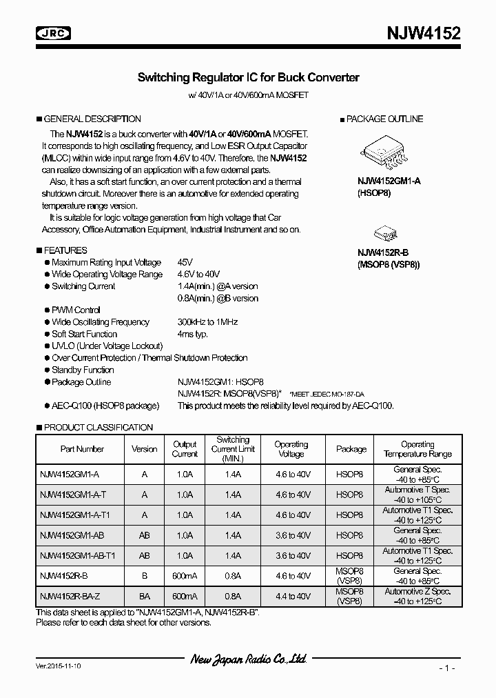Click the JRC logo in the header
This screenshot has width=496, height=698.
(x=53, y=33)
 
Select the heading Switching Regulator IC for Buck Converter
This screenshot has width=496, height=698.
(x=248, y=78)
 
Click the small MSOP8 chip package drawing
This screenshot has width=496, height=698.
(x=383, y=232)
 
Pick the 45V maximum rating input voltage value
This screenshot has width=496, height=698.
(x=185, y=262)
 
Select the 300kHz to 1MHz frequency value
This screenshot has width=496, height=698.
(x=207, y=322)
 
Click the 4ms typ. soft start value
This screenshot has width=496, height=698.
(x=193, y=334)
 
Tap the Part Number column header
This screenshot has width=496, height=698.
(x=82, y=449)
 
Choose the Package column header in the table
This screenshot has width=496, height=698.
(x=351, y=449)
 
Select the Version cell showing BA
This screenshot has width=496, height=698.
(x=144, y=596)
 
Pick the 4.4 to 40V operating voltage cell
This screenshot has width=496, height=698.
(x=291, y=596)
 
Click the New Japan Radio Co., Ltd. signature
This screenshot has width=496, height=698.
(x=248, y=660)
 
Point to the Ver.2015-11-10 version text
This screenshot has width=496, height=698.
(x=59, y=668)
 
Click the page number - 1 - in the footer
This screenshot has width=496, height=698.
(x=447, y=668)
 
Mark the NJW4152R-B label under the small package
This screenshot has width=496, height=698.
(x=383, y=253)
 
